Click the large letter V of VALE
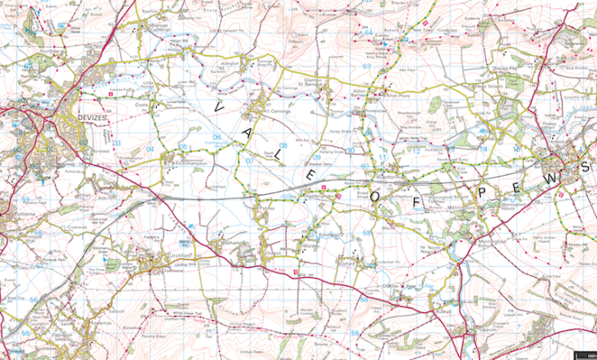tap(218, 105)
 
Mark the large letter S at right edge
tap(584, 167)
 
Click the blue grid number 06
tap(216, 137)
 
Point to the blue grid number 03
tap(116, 143)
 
